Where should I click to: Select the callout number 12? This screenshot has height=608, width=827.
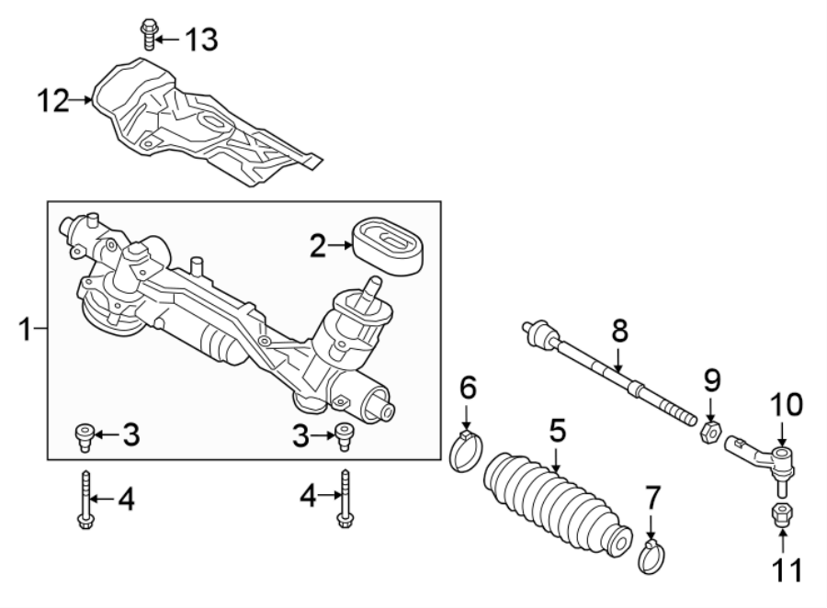coord(52,100)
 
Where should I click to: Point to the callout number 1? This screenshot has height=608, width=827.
coord(28,329)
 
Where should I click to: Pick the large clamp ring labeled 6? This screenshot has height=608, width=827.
coord(468,452)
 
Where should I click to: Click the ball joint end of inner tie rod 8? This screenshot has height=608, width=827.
coord(538,332)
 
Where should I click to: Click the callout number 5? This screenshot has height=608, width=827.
coord(558,430)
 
